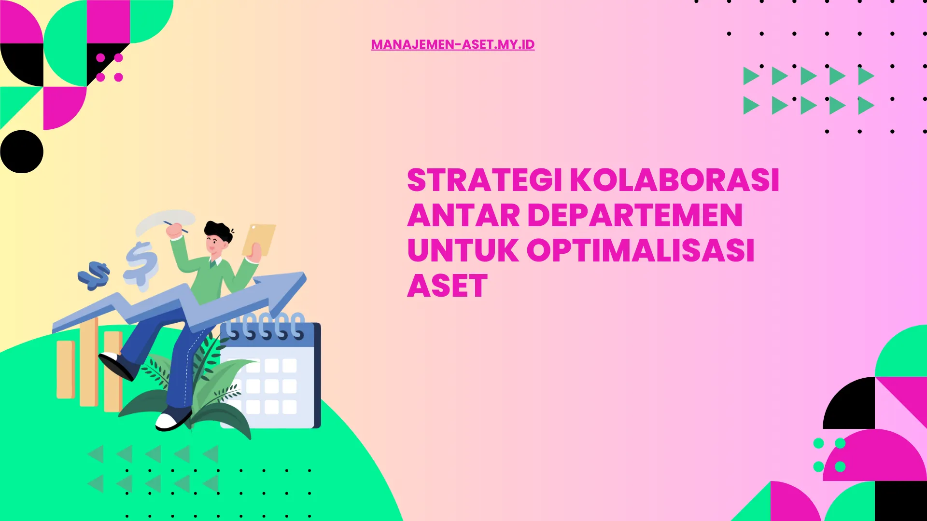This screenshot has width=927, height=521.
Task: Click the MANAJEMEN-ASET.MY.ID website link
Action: pos(452,44)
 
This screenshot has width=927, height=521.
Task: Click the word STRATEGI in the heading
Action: pos(484,181)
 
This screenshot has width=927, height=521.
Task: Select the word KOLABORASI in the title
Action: pos(674,181)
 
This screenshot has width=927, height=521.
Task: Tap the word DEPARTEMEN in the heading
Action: pos(635,216)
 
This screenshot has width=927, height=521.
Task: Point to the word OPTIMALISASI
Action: pos(640,251)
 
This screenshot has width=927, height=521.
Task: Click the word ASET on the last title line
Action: pos(447,286)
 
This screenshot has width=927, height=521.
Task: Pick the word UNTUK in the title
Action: pos(463,251)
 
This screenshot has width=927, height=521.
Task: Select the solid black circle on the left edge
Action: pos(22,151)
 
